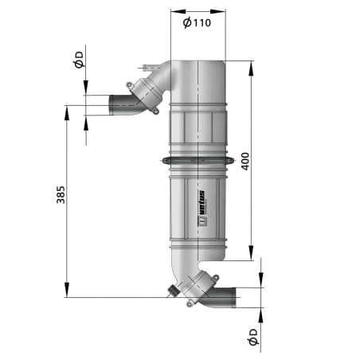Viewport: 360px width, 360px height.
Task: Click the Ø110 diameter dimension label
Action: click(x=197, y=22)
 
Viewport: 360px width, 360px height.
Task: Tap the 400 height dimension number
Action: click(x=245, y=161)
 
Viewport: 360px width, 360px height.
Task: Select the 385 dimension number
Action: click(x=61, y=195)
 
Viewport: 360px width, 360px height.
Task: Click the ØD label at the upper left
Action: click(x=79, y=60)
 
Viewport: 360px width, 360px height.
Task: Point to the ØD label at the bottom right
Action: click(x=253, y=337)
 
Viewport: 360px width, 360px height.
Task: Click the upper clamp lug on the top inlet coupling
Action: click(x=129, y=85)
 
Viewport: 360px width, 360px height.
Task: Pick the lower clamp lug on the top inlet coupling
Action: click(x=156, y=111)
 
